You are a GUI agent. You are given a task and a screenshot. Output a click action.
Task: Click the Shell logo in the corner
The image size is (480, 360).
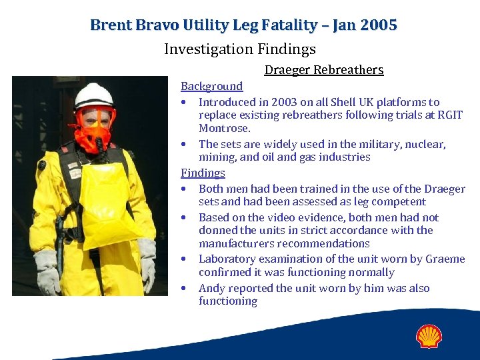[x=429, y=336]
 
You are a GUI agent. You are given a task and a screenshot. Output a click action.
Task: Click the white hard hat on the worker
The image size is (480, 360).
[x=93, y=95]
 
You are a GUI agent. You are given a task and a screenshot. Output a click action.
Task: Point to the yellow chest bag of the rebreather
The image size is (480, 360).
[x=107, y=200]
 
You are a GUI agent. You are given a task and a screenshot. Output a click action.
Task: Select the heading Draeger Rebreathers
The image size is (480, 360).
[x=324, y=70]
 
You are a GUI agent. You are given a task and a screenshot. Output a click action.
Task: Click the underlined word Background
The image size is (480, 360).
[x=212, y=86]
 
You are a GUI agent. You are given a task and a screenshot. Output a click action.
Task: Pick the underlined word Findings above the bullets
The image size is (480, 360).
[x=203, y=173]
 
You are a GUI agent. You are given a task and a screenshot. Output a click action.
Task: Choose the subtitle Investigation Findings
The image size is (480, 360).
[x=240, y=49]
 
